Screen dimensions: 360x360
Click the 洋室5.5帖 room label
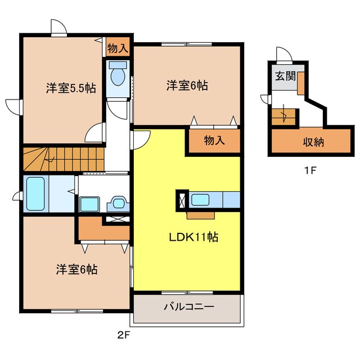pyautogui.click(x=70, y=88)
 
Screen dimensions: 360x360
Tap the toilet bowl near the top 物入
pyautogui.click(x=118, y=77)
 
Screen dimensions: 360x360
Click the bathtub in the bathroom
pyautogui.click(x=35, y=193)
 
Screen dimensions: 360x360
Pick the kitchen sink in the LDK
pyautogui.click(x=201, y=199)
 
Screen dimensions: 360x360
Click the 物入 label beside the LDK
pyautogui.click(x=214, y=141)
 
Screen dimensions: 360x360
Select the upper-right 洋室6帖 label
pyautogui.click(x=187, y=85)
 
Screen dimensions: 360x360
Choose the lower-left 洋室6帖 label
pyautogui.click(x=76, y=269)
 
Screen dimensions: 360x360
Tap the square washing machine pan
pyautogui.click(x=89, y=203)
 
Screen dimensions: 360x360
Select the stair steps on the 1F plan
pyautogui.click(x=283, y=118)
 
